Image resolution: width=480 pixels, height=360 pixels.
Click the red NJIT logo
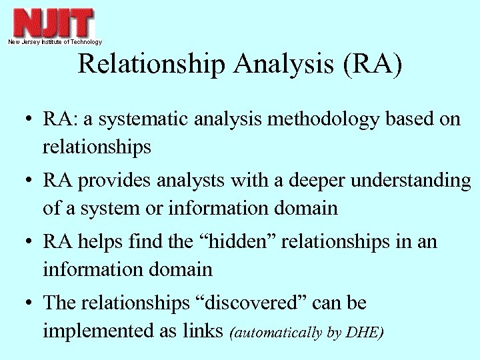click(x=54, y=23)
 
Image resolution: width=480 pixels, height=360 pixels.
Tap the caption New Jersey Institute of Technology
click(x=55, y=42)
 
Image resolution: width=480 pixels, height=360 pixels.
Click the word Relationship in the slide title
click(x=153, y=65)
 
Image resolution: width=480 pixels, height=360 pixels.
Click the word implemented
click(x=93, y=331)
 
